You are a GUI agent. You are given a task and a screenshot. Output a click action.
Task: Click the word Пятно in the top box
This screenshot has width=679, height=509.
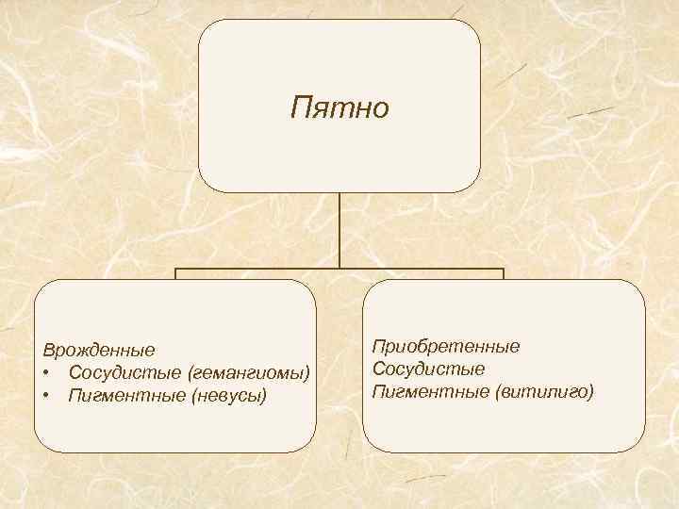pos(339,107)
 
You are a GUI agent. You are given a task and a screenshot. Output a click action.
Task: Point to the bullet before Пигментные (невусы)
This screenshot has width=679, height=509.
pos(45,394)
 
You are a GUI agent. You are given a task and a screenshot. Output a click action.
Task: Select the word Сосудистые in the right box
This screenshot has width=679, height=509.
pos(429,369)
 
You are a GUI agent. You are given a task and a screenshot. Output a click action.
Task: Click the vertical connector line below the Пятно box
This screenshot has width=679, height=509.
pos(339,231)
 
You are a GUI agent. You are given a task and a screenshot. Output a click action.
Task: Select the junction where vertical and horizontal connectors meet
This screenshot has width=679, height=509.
pos(339,269)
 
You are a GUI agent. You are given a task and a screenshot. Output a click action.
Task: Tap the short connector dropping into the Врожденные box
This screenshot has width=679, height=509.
pos(175,274)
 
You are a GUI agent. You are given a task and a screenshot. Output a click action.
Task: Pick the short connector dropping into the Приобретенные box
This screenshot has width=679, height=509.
pos(504,274)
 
